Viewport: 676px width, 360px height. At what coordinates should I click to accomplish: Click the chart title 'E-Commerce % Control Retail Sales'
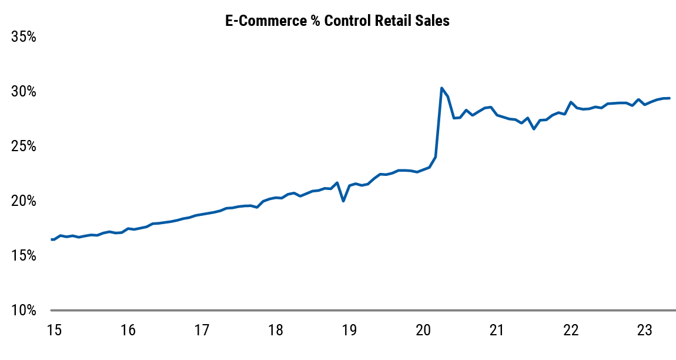[337, 21]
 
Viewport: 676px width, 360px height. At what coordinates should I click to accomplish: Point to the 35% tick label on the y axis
[24, 37]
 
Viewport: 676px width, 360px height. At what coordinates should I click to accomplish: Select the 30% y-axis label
[24, 92]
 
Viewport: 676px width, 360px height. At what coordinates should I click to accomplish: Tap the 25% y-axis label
[24, 146]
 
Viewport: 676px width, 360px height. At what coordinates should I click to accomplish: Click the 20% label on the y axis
[24, 201]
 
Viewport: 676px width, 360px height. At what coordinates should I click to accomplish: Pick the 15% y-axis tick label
[24, 256]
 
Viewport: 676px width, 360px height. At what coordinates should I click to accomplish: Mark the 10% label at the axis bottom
[24, 311]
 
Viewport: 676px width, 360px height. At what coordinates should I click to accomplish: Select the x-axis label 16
[128, 330]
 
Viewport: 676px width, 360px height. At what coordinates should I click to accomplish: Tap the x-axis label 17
[202, 330]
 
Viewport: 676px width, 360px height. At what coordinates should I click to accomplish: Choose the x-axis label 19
[349, 330]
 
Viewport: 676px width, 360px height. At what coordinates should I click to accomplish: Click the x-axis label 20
[423, 330]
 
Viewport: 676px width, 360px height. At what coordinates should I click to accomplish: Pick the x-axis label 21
[497, 330]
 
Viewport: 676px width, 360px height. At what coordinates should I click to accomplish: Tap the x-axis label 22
[571, 330]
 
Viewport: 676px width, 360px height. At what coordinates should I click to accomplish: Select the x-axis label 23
[645, 330]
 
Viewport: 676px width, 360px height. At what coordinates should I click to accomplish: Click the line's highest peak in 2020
[441, 88]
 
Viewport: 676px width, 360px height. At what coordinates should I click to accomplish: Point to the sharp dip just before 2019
[343, 201]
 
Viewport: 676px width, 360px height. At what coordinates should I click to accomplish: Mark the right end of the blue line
[670, 98]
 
